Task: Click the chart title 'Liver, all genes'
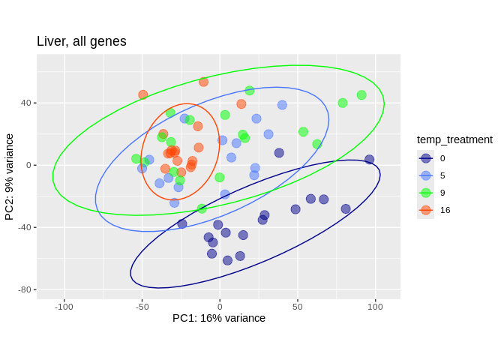tap(82, 41)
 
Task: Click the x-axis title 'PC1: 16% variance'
tap(219, 318)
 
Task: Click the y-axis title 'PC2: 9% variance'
tap(10, 177)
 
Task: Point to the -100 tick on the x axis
tap(64, 306)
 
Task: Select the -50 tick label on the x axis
tap(142, 306)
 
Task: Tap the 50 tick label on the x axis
tap(297, 306)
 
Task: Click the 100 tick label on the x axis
tap(375, 306)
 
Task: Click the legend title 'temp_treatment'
tap(454, 139)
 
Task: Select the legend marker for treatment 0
tap(426, 158)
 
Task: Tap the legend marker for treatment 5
tap(426, 175)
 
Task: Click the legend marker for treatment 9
tap(426, 193)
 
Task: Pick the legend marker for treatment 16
tap(426, 210)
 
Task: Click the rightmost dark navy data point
tap(369, 160)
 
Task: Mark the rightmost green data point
tap(361, 95)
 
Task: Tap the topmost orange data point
tap(204, 82)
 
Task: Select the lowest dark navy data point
tap(227, 260)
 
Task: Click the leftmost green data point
tap(136, 159)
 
